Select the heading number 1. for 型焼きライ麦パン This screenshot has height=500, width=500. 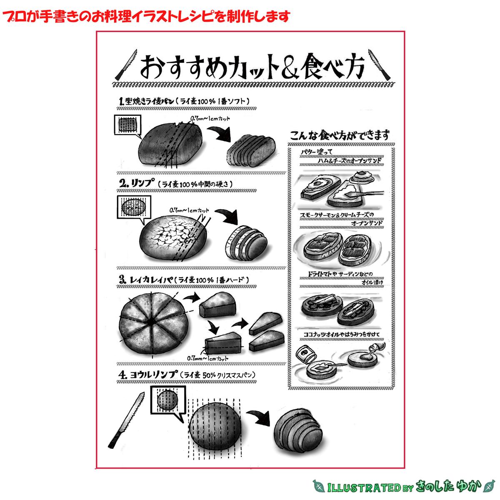point(122,101)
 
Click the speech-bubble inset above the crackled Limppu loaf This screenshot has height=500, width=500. point(132,207)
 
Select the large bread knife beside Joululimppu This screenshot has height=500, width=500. point(125,419)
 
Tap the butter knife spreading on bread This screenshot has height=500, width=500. point(367,194)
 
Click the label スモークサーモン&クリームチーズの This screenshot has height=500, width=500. point(337,215)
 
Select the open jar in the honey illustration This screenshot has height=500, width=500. point(307,355)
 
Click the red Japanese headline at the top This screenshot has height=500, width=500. point(146,17)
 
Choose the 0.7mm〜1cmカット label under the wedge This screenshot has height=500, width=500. point(208,357)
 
